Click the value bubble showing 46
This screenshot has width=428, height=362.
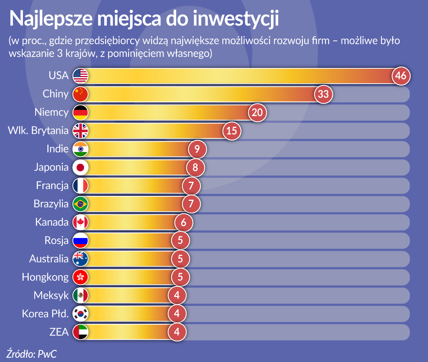coord(400,76)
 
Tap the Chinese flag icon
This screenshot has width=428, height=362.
coord(81,94)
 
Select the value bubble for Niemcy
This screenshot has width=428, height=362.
coord(257,112)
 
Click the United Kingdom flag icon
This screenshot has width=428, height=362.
coord(81,131)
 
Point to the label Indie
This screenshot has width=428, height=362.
coord(57,149)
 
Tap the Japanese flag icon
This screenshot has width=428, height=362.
coord(81,167)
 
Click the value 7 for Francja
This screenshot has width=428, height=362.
coord(191,186)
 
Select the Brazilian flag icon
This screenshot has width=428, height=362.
coord(81,204)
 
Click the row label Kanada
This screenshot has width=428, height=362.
coord(52,222)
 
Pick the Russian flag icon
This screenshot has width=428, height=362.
coord(81,241)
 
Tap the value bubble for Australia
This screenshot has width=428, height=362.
coord(180,259)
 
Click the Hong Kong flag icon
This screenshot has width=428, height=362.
coord(81,277)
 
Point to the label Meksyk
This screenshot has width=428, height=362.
coord(51,296)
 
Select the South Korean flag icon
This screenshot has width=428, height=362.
coord(81,314)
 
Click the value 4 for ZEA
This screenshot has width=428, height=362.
coord(177,332)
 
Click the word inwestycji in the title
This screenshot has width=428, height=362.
coord(236,19)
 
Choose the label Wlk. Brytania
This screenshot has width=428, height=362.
coord(38,131)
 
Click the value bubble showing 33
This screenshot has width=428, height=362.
coord(323,94)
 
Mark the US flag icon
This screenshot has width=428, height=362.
coord(81,76)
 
